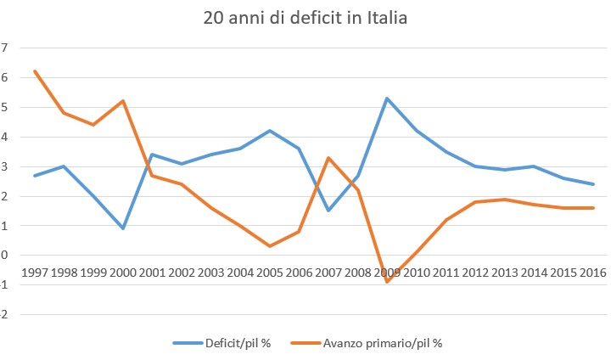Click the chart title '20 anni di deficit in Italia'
pos(306,18)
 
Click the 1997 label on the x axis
pos(35,273)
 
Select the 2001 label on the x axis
pos(153,273)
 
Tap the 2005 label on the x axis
pos(270,273)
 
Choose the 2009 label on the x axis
pos(388,273)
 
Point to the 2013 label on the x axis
pos(505,273)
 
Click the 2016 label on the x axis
pos(593,273)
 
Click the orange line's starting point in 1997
pos(35,71)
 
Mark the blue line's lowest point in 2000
pos(123,228)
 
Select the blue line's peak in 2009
pos(388,98)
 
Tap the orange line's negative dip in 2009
pos(388,282)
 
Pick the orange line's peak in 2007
pos(328,157)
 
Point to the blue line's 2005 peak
pos(270,131)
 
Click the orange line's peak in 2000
pos(123,101)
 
